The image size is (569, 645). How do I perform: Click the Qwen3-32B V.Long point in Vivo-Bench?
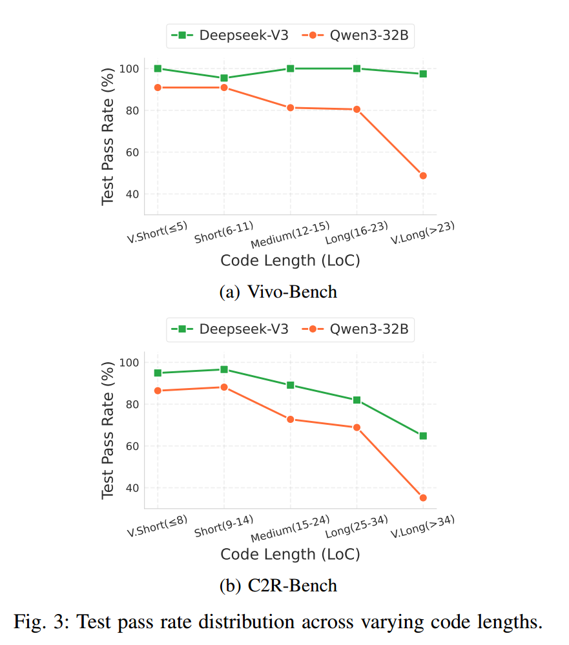(x=423, y=176)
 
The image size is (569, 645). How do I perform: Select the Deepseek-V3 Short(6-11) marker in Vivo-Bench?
(x=224, y=78)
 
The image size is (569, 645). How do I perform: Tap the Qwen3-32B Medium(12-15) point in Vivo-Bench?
(x=291, y=108)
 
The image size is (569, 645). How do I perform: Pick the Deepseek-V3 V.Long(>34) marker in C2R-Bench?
(x=423, y=436)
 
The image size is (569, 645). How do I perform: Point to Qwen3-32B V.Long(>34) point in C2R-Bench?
(x=423, y=498)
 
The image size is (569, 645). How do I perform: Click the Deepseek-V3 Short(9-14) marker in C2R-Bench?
(x=224, y=369)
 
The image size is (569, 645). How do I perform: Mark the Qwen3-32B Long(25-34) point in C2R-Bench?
(x=357, y=427)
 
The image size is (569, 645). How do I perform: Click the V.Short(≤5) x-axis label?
(x=157, y=232)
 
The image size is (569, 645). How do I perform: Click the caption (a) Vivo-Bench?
(x=278, y=292)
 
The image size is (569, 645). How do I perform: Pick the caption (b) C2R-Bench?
(x=278, y=586)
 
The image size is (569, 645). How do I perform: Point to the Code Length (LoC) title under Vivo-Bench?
(x=290, y=260)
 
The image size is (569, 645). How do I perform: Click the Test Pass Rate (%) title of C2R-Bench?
(x=108, y=429)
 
